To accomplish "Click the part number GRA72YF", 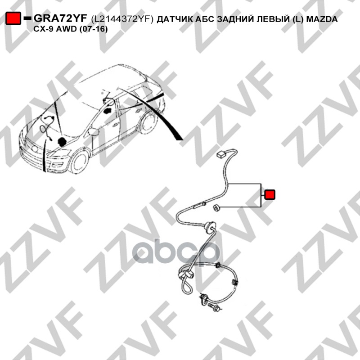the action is tap(60, 18).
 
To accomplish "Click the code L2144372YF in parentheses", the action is tap(122, 19).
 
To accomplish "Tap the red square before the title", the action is tap(13, 18).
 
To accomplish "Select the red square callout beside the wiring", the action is tap(270, 194).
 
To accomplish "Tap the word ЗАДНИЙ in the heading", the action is tap(235, 19).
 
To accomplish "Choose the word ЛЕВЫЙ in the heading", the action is tap(273, 19).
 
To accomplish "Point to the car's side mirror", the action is tap(94, 131).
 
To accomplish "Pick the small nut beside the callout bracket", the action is tap(216, 207).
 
